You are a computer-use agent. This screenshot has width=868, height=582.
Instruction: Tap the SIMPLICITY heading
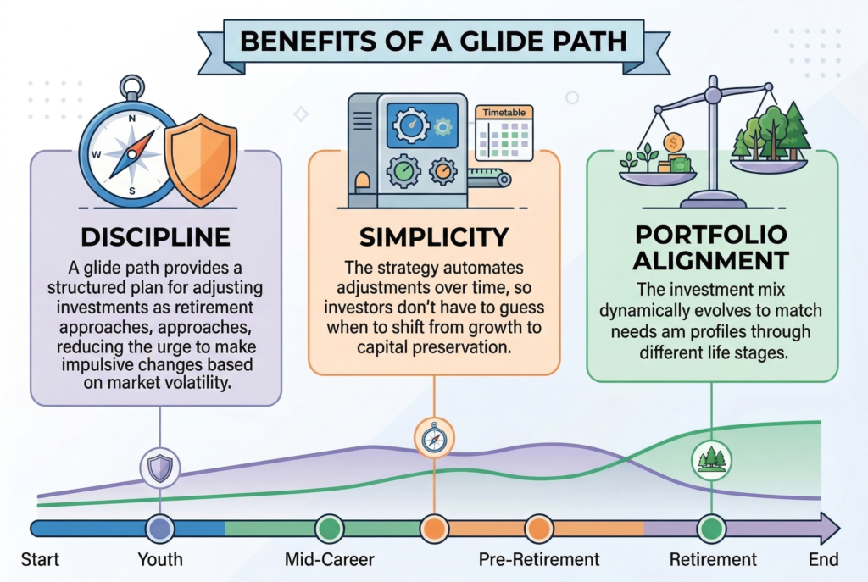pyautogui.click(x=434, y=236)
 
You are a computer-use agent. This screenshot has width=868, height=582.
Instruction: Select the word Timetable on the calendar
pyautogui.click(x=506, y=112)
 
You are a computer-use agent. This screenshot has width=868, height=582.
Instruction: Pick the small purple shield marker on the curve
pyautogui.click(x=159, y=466)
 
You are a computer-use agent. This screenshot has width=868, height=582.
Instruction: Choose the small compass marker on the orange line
pyautogui.click(x=433, y=438)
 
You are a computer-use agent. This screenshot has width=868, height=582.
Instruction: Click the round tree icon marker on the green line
pyautogui.click(x=710, y=458)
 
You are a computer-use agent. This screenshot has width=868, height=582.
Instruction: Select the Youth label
pyautogui.click(x=159, y=560)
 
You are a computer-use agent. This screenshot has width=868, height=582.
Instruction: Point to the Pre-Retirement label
pyautogui.click(x=539, y=560)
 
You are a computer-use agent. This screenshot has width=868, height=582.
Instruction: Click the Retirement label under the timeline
pyautogui.click(x=713, y=560)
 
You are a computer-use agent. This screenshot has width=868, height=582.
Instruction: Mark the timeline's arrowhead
pyautogui.click(x=828, y=529)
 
